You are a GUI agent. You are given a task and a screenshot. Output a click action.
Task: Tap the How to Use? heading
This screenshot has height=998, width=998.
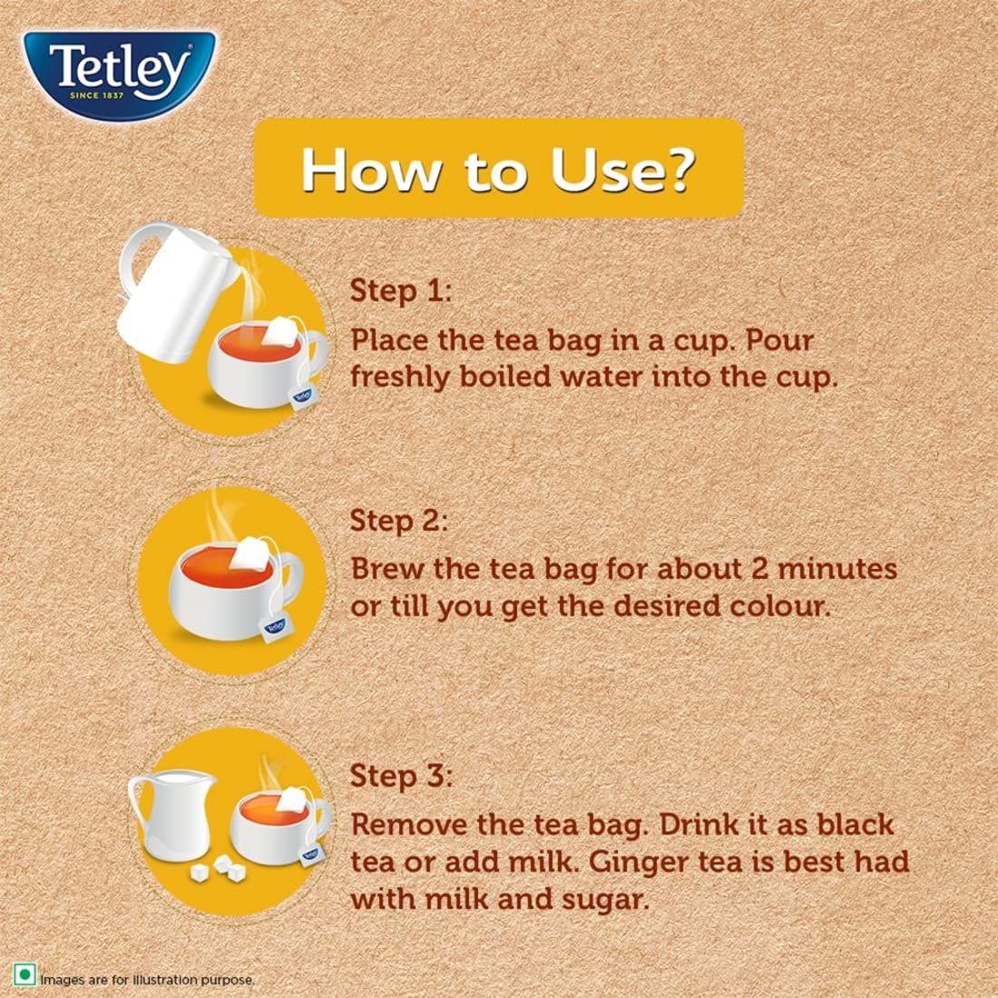point(498,168)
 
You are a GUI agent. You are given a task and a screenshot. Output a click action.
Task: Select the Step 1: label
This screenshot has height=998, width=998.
point(400,291)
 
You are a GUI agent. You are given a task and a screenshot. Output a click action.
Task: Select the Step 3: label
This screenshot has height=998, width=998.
point(400,777)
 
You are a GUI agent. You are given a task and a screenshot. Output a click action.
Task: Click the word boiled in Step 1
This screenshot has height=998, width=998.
point(504,377)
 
